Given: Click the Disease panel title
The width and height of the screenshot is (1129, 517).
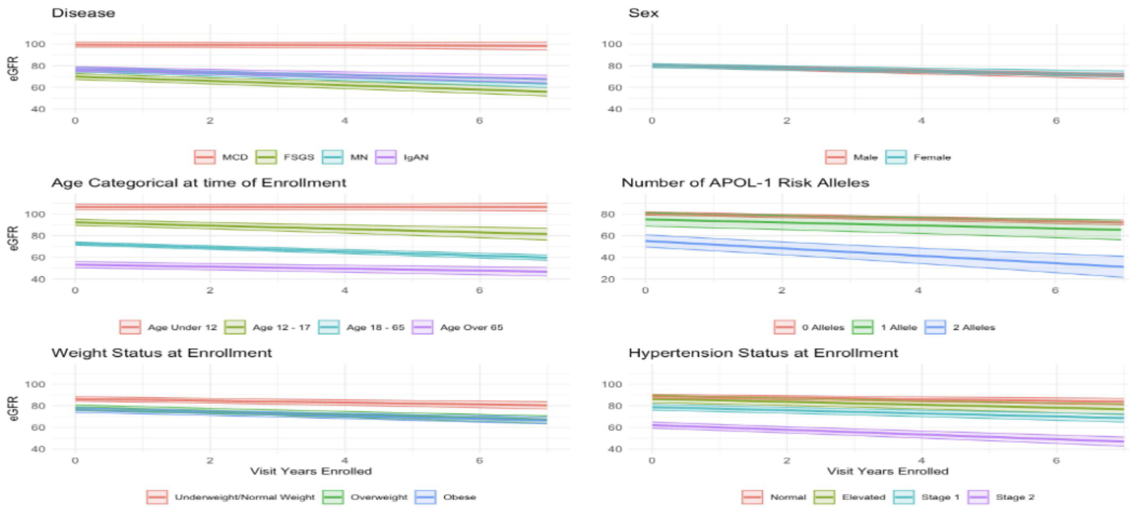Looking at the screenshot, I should (83, 13).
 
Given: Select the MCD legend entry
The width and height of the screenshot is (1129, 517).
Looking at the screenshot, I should (221, 157).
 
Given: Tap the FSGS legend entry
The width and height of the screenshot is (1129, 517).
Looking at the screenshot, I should (285, 157).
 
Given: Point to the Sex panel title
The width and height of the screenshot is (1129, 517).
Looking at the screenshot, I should (643, 13).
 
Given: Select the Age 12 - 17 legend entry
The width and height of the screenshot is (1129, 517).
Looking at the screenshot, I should (268, 327).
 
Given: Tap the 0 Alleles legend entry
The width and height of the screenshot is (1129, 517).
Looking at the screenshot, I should (809, 327).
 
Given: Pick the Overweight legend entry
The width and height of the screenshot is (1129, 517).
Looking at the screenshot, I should (365, 497).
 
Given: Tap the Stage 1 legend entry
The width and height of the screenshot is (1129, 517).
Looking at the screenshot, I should (927, 497).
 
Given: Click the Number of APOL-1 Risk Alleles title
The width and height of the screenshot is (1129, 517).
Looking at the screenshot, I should (745, 183).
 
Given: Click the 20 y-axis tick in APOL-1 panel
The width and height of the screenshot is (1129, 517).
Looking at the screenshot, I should (608, 279).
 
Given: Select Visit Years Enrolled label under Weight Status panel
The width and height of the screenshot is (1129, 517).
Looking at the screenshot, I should (311, 471).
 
